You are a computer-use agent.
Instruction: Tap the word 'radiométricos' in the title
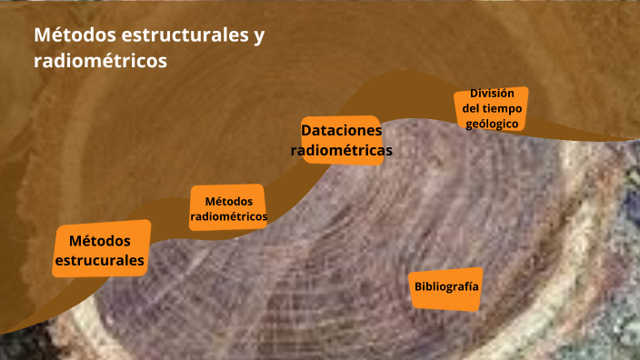100,61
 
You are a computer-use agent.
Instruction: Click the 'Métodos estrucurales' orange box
100,251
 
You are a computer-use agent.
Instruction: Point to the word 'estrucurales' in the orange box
100,262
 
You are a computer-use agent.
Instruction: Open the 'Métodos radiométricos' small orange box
228,208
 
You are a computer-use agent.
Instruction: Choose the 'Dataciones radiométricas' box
341,139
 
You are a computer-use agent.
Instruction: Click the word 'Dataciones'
341,129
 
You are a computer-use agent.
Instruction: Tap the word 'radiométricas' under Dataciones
342,150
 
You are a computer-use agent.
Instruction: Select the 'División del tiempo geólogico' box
492,108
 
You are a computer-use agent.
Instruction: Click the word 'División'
492,94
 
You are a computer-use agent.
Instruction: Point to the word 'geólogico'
492,123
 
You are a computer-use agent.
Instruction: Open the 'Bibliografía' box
446,286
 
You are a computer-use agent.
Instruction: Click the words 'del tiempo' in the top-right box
492,108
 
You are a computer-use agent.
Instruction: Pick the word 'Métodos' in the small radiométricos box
228,201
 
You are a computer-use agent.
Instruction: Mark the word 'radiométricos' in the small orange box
228,217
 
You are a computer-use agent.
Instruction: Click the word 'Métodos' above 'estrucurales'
100,241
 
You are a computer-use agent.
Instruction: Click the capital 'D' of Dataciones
306,129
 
